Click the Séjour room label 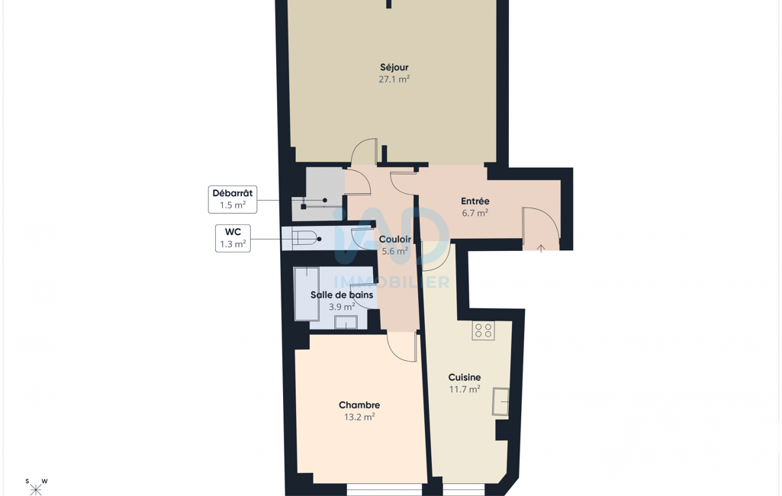tap(394, 67)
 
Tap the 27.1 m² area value tap(394, 79)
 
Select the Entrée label tap(475, 201)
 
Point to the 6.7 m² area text tap(475, 213)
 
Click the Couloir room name tap(395, 240)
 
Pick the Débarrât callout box tap(233, 200)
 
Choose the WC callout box tap(233, 238)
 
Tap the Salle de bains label tap(342, 295)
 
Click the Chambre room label tap(359, 405)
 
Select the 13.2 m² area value tap(359, 417)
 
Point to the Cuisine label tap(465, 377)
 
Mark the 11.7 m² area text tap(465, 389)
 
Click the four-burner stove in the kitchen tap(483, 330)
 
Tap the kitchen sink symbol tap(500, 401)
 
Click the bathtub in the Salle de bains tap(307, 294)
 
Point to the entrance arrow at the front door tap(541, 248)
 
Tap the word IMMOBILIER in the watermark tap(391, 282)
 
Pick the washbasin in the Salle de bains tap(346, 322)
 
